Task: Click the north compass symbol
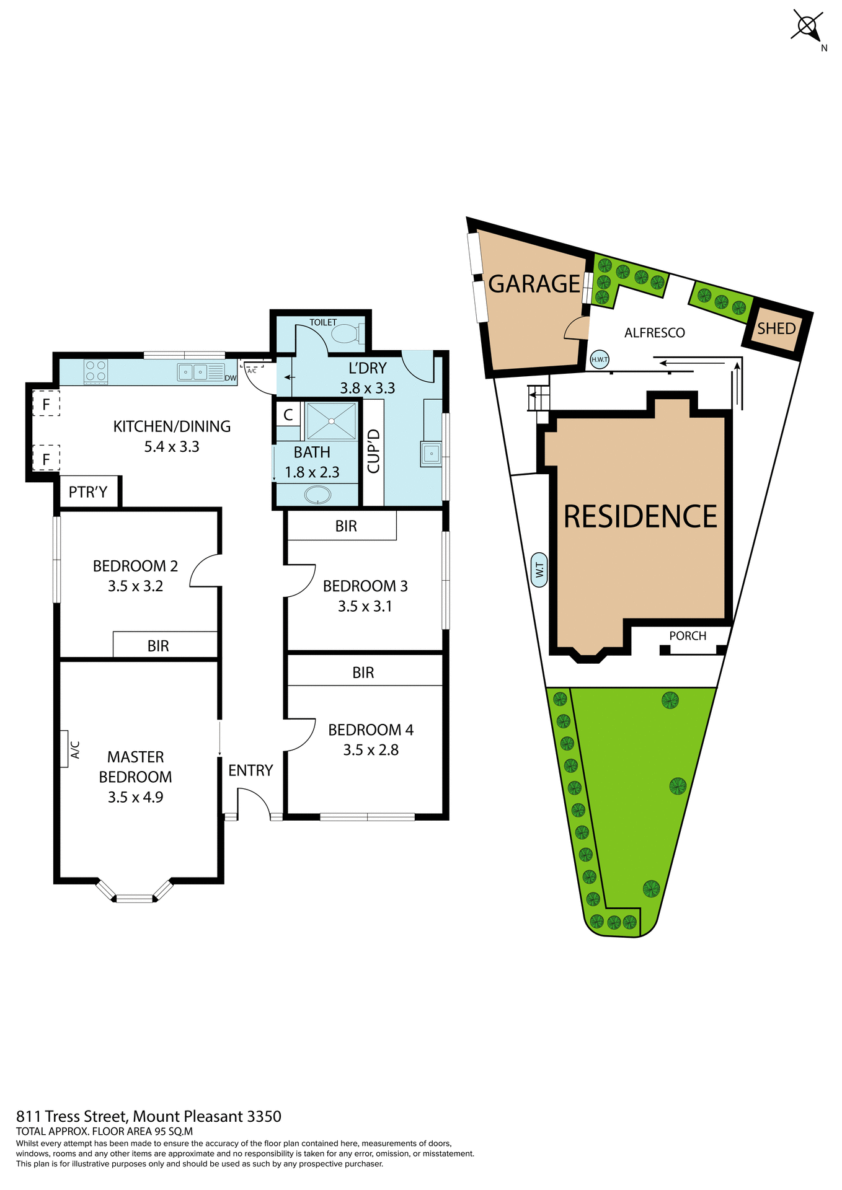click(808, 27)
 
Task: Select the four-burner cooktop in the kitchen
click(95, 371)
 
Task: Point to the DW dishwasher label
click(231, 378)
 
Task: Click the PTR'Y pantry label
click(88, 492)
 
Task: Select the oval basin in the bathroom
click(318, 495)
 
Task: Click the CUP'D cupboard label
click(373, 451)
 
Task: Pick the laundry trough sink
click(431, 454)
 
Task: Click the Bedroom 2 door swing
click(204, 570)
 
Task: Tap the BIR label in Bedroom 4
click(363, 672)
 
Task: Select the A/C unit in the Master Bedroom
click(64, 749)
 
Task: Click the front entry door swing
click(253, 803)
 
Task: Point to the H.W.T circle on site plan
click(600, 359)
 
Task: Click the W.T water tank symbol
click(539, 570)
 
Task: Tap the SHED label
click(776, 328)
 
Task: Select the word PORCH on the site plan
click(688, 636)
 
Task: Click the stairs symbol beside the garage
click(538, 397)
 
